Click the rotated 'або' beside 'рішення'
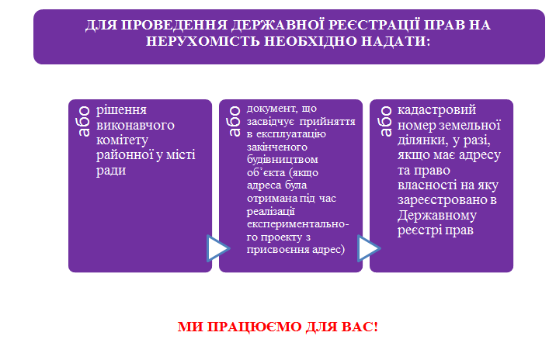click(x=84, y=121)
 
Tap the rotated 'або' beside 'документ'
click(x=235, y=121)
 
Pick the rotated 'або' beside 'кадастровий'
click(x=385, y=121)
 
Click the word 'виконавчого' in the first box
click(x=135, y=125)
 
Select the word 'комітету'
click(x=122, y=140)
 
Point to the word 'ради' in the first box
click(x=111, y=171)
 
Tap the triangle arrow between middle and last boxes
click(x=369, y=248)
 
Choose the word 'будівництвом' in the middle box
click(x=282, y=160)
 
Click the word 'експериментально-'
click(x=298, y=224)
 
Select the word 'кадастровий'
click(x=436, y=110)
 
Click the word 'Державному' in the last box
click(x=437, y=215)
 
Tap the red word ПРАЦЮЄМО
click(x=253, y=327)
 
